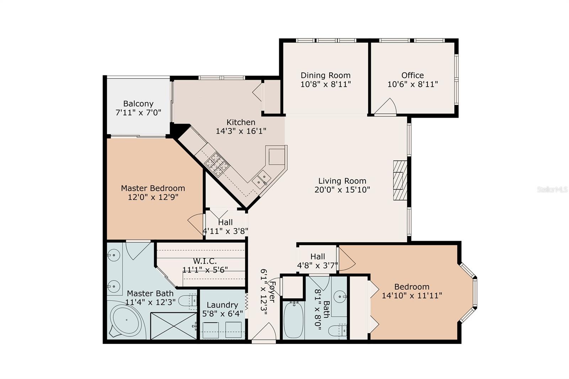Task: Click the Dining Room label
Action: click(x=325, y=75)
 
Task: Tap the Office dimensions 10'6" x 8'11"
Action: click(x=413, y=84)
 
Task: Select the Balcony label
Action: click(x=138, y=104)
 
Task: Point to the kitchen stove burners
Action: click(x=217, y=164)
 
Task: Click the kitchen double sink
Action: click(x=261, y=179)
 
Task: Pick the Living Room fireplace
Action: click(x=400, y=180)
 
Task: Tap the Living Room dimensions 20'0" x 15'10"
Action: click(x=342, y=190)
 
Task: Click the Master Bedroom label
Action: click(x=153, y=188)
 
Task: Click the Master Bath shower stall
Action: click(x=174, y=326)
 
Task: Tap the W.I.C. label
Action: click(x=205, y=261)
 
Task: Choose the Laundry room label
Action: click(x=222, y=305)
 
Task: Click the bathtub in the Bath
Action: click(x=293, y=320)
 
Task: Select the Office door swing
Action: click(x=385, y=106)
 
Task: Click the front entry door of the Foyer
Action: click(x=264, y=332)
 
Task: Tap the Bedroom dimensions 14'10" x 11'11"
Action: click(x=412, y=295)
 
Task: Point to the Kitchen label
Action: click(x=241, y=122)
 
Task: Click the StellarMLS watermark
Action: click(x=552, y=189)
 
